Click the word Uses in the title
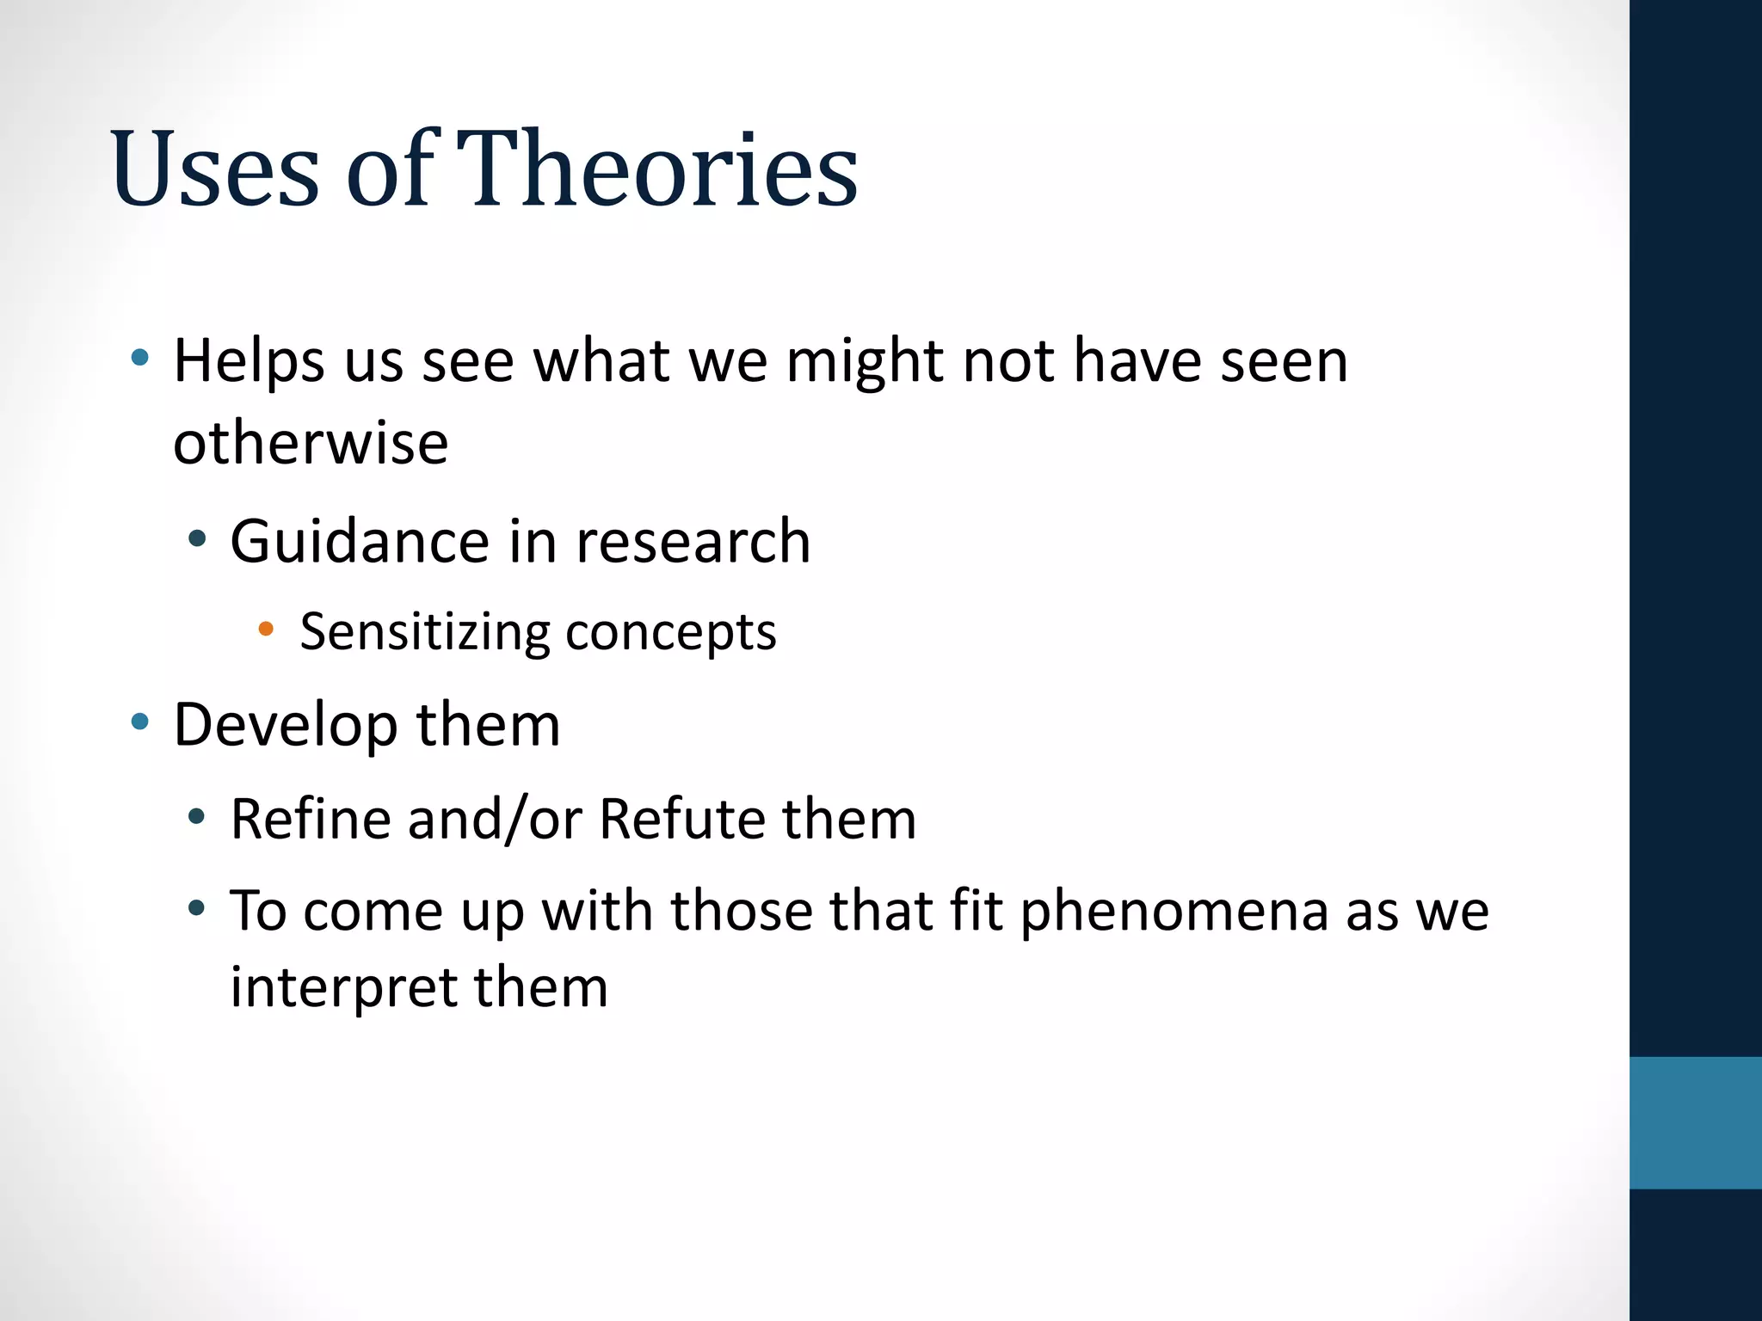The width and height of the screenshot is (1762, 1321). pyautogui.click(x=215, y=170)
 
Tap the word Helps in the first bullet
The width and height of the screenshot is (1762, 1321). pyautogui.click(x=249, y=360)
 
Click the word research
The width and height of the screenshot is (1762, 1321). pyautogui.click(x=693, y=542)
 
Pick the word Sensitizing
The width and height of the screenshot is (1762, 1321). pyautogui.click(x=425, y=632)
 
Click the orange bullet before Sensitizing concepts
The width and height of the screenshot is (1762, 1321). pyautogui.click(x=266, y=630)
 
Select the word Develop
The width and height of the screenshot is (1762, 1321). pyautogui.click(x=285, y=725)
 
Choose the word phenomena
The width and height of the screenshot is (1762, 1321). pyautogui.click(x=1174, y=912)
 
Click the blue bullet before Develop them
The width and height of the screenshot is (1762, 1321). pyautogui.click(x=140, y=721)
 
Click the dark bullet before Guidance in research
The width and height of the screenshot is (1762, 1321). pyautogui.click(x=197, y=539)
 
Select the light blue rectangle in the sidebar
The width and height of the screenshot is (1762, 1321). pyautogui.click(x=1695, y=1122)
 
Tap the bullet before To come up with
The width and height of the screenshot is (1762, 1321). pyautogui.click(x=197, y=907)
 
